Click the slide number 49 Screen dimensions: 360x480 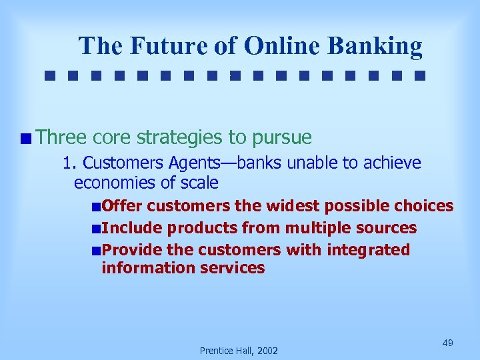[448, 342]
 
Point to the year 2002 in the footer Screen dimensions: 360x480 [267, 351]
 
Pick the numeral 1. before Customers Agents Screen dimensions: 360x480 [69, 163]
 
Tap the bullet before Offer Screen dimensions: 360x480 [97, 207]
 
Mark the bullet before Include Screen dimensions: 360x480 [97, 229]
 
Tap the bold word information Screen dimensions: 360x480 [141, 268]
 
